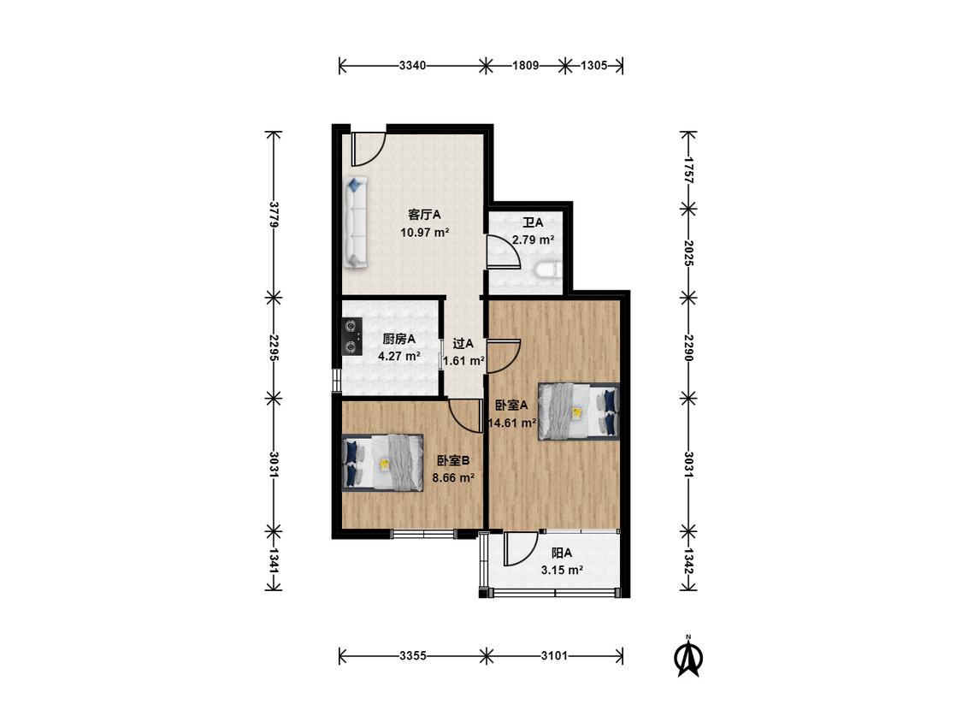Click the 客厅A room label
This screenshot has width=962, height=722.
(x=424, y=215)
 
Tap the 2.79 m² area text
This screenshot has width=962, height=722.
(x=533, y=240)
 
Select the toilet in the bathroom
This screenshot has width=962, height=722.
(x=548, y=269)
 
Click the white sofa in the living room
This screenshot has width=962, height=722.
(x=355, y=222)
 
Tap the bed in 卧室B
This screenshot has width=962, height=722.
(x=383, y=462)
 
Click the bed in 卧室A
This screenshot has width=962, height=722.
(x=579, y=411)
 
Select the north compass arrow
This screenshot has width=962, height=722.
(x=688, y=657)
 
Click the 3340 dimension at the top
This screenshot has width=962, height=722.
(x=412, y=65)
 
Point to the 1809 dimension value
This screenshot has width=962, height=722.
(x=525, y=65)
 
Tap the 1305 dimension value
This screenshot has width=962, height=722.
(x=593, y=65)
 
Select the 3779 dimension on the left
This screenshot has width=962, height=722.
(x=274, y=215)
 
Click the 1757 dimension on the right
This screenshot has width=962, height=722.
(x=688, y=170)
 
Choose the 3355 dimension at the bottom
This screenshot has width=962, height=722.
(x=413, y=655)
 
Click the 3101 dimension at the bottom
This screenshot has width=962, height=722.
(x=554, y=655)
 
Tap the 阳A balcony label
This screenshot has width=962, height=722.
(x=561, y=553)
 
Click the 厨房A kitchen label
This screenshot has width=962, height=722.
(x=398, y=339)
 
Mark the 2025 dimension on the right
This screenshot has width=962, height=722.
(x=688, y=253)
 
